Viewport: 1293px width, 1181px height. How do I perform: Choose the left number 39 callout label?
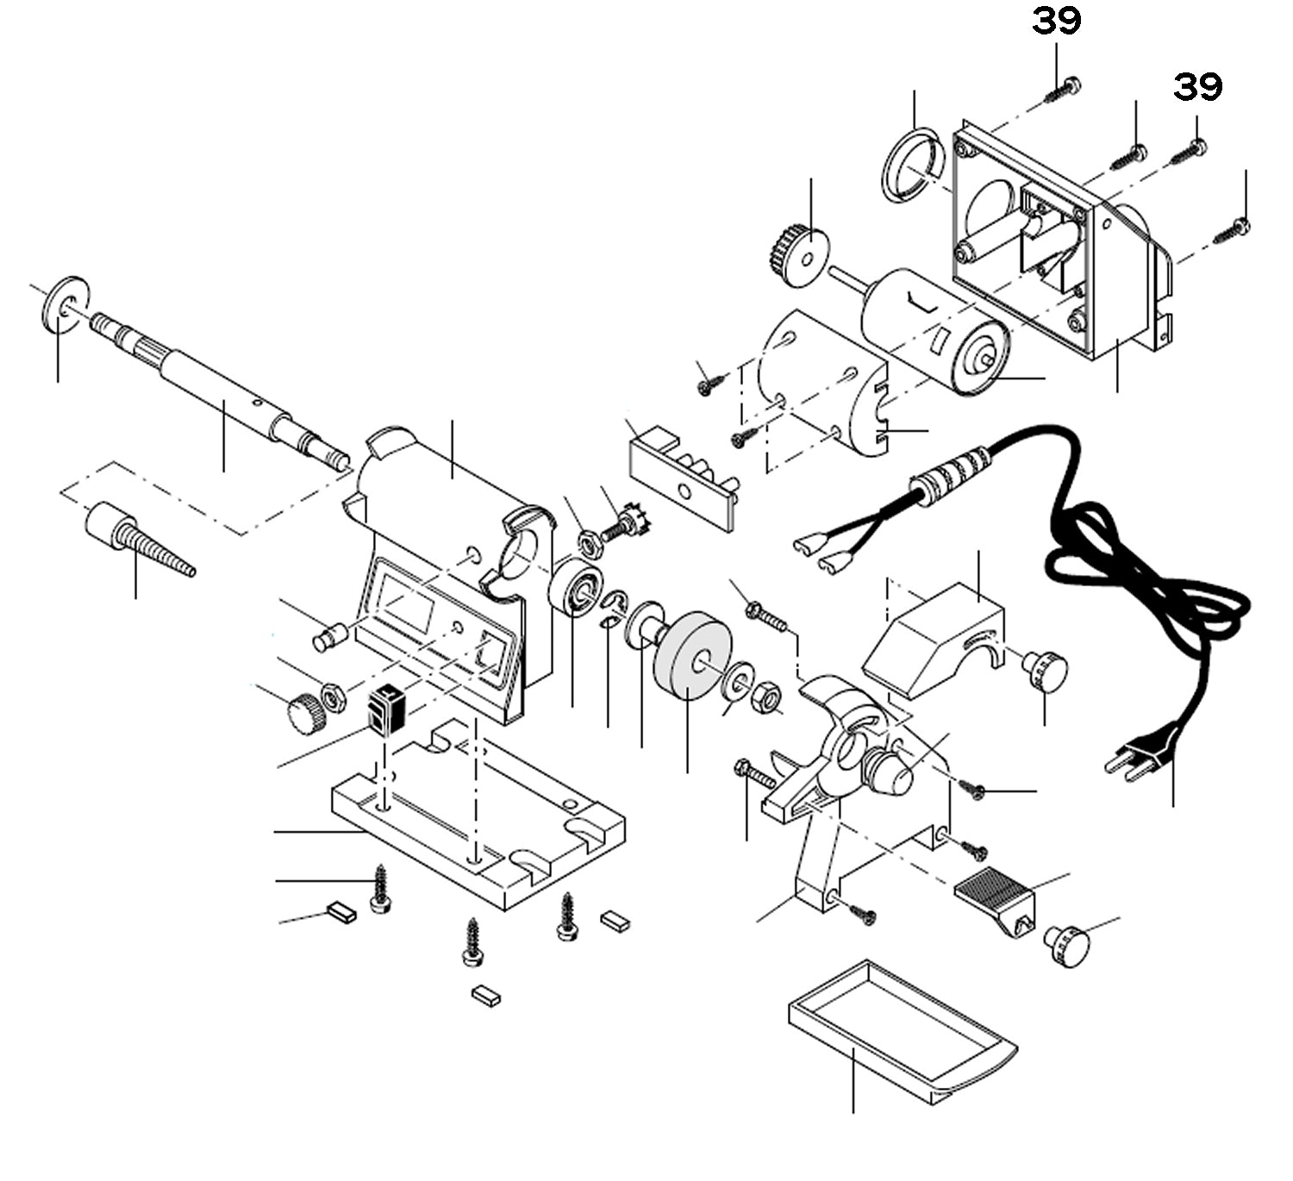pos(1057,21)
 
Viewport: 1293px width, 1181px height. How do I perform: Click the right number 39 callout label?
pos(1197,86)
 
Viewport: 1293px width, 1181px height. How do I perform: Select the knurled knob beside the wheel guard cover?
pos(1046,669)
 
